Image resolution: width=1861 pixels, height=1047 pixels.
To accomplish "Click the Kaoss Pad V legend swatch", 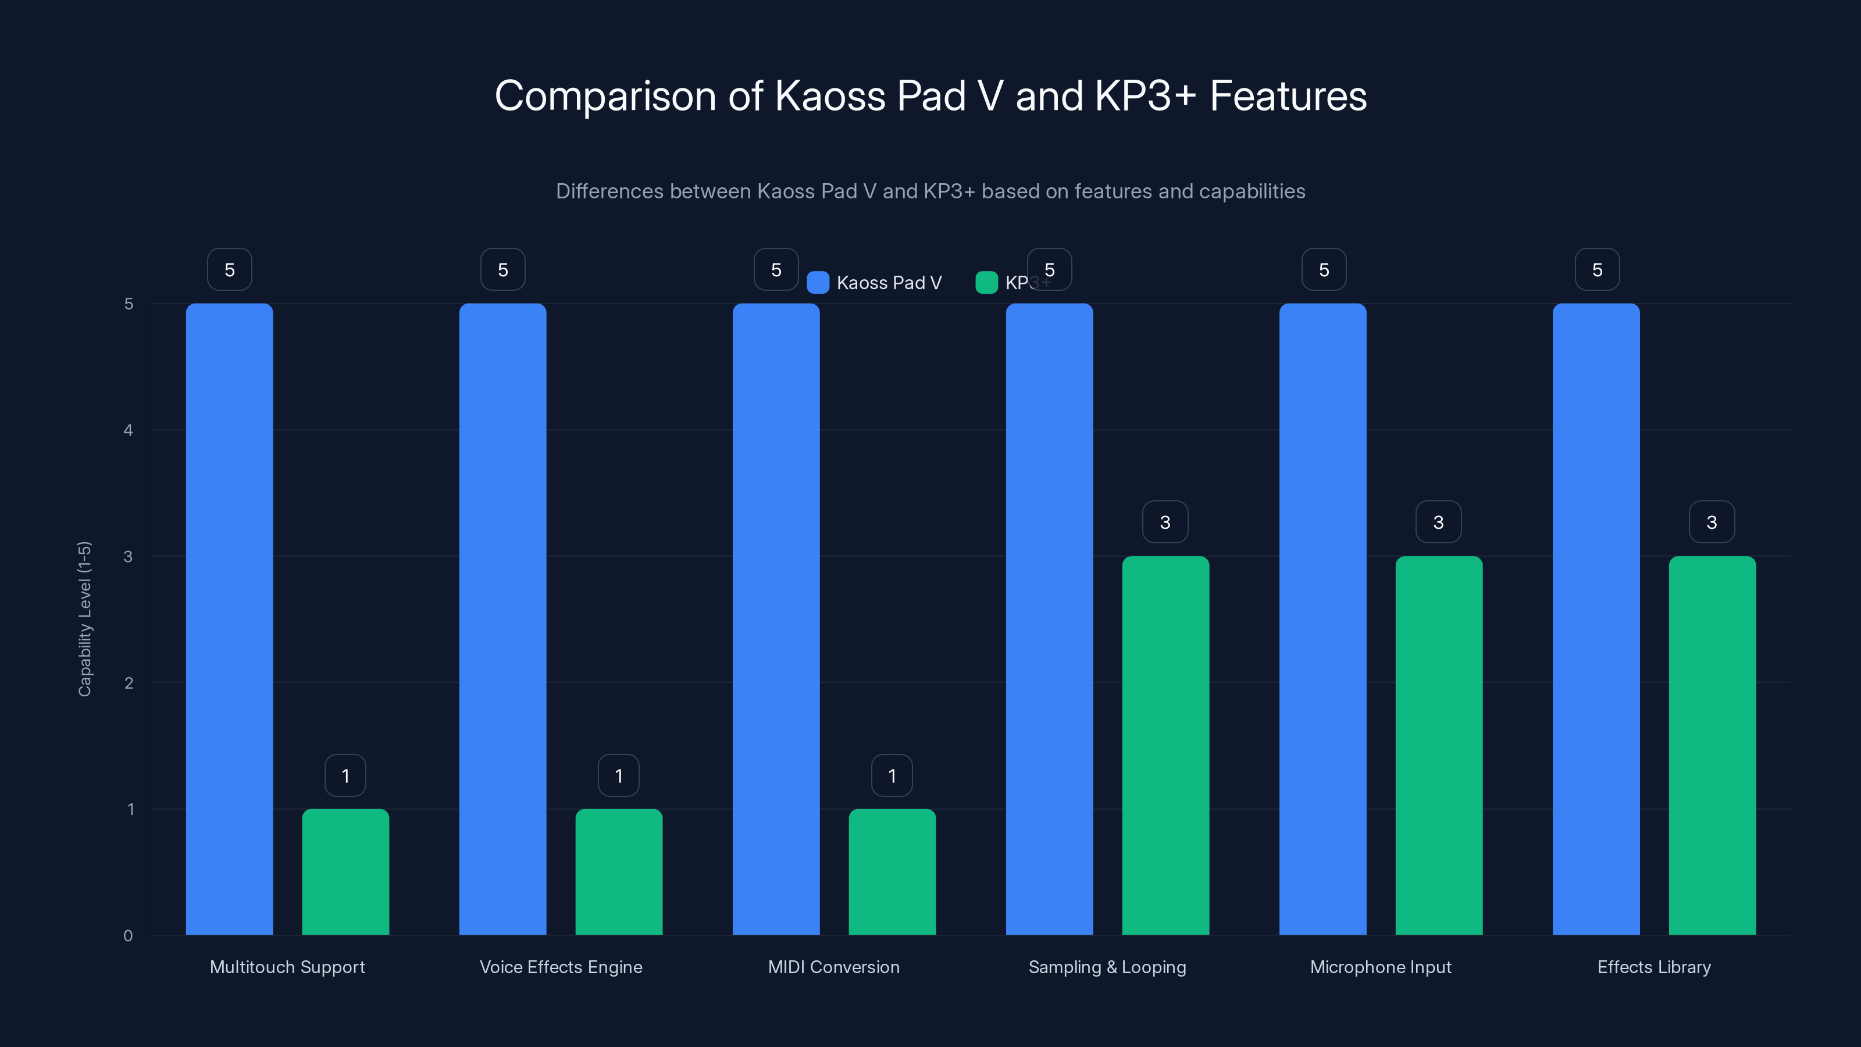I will (818, 283).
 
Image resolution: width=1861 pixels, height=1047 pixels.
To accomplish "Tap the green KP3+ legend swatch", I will (986, 283).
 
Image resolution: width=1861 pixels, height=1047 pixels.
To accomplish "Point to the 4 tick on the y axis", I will (129, 430).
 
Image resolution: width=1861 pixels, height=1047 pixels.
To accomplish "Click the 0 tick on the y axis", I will (129, 936).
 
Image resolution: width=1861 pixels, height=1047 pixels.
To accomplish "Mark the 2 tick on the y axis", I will (129, 683).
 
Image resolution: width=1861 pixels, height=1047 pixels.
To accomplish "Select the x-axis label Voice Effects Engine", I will (561, 967).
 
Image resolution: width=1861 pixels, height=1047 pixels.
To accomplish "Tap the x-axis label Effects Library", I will (1653, 967).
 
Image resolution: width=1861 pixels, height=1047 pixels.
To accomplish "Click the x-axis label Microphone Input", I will (1381, 967).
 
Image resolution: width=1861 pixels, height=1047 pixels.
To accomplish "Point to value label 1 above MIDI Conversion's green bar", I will (892, 775).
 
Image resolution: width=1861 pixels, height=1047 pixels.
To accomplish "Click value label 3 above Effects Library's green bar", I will (1712, 522).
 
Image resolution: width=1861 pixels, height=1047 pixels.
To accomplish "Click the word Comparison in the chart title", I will (605, 96).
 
